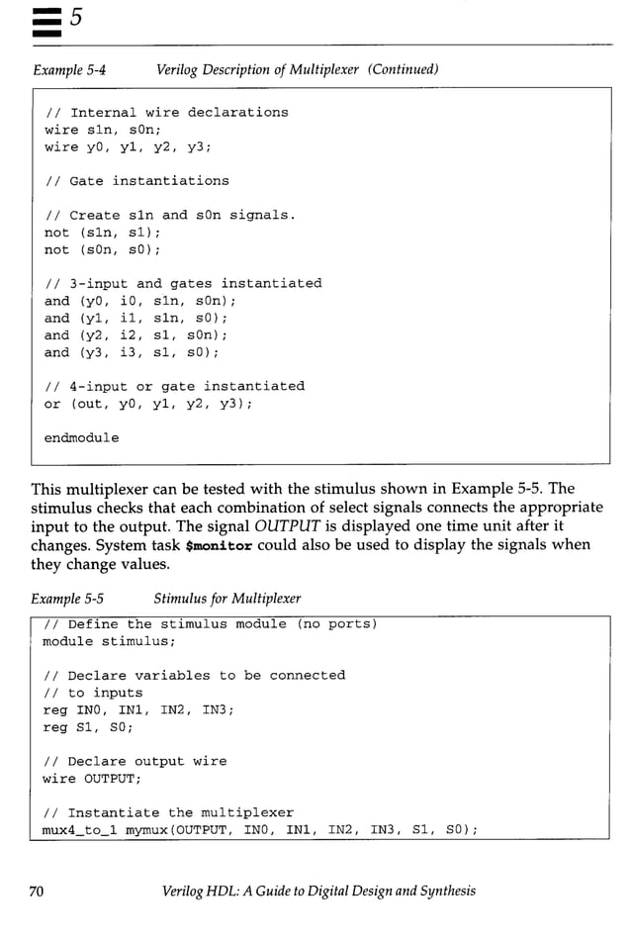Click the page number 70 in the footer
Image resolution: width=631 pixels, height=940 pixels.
(37, 891)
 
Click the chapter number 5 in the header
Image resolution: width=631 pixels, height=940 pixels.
(75, 20)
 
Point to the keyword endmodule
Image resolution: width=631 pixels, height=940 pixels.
(81, 437)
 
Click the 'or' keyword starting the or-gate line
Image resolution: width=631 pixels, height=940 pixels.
(52, 404)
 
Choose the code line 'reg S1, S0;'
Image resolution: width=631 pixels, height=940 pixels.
(88, 727)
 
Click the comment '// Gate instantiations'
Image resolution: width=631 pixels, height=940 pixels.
(136, 181)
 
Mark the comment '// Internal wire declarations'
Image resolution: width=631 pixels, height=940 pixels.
(166, 113)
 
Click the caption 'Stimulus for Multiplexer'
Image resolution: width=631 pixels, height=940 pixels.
(227, 599)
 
